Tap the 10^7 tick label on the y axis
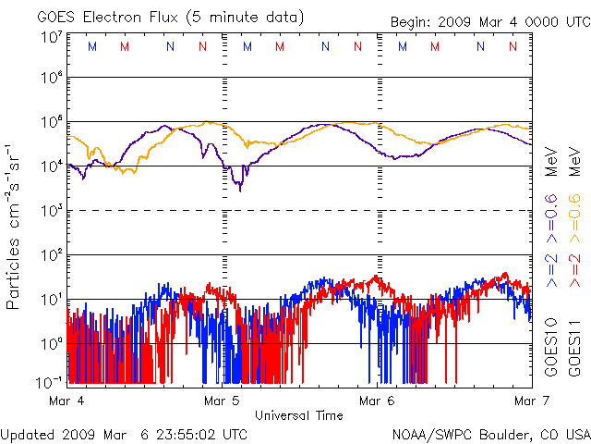(51, 38)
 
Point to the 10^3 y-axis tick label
(51, 210)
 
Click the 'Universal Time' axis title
(298, 415)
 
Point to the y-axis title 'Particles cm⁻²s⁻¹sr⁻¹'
(16, 226)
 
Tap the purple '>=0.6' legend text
(550, 221)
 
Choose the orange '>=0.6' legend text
(573, 221)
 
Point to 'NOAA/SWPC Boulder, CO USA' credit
(490, 433)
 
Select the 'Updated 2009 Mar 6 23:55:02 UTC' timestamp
(125, 433)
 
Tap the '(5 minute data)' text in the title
(247, 18)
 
